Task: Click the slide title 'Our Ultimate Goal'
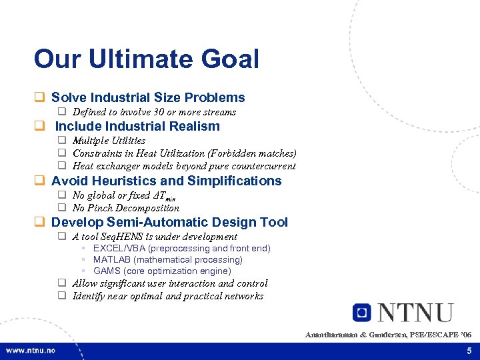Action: coord(146,59)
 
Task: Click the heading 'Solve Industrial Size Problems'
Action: coord(148,97)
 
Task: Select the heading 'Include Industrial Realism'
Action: coord(137,126)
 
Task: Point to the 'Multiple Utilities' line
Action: coord(109,141)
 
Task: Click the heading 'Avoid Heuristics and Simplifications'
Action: coord(166,181)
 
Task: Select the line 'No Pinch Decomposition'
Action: coord(126,208)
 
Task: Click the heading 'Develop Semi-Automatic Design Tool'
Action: coord(169,222)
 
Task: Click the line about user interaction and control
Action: coord(170,283)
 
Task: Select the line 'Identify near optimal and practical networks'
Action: coord(168,296)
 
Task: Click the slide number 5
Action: coord(469,351)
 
